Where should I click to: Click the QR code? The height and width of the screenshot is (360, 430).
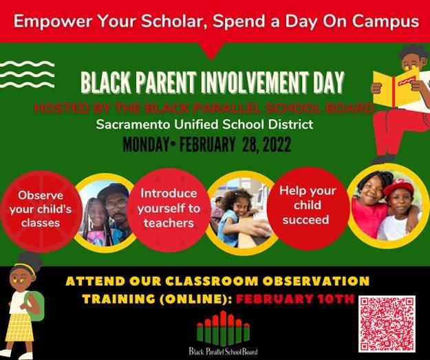coord(387,324)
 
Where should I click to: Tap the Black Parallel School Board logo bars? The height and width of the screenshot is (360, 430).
coord(223,328)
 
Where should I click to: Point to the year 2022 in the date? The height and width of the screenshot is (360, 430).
coord(277,145)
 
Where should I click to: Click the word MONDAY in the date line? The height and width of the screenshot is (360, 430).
coord(145,145)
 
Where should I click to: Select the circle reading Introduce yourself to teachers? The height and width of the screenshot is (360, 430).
coord(169,210)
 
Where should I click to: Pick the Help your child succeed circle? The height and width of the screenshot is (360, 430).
coord(308,209)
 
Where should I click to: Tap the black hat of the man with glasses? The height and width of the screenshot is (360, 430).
coord(114,191)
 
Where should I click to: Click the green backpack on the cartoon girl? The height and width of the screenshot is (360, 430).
coord(36,306)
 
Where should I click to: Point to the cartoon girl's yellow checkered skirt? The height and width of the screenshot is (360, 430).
coord(20,327)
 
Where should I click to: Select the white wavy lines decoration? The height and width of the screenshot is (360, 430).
coord(27,74)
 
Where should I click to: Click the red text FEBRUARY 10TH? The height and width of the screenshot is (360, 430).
coord(295,299)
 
